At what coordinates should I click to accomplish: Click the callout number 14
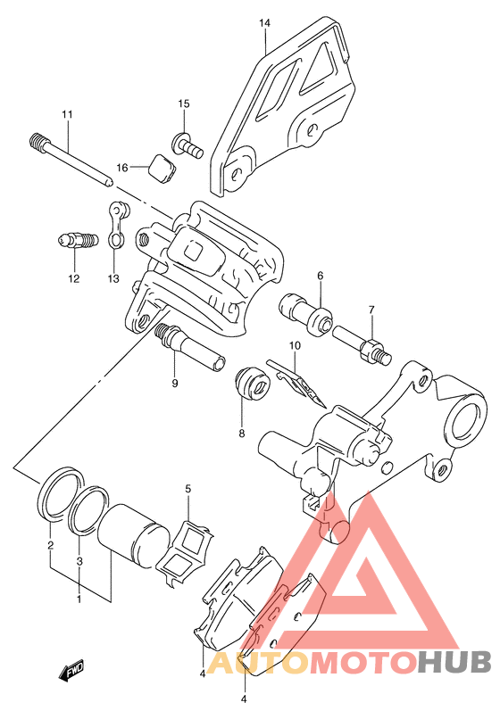[x=264, y=23]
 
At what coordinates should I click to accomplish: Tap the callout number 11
[x=68, y=114]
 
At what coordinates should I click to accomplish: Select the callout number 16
[x=122, y=168]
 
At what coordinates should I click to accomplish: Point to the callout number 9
[x=174, y=384]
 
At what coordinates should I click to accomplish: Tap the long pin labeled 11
[x=71, y=159]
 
